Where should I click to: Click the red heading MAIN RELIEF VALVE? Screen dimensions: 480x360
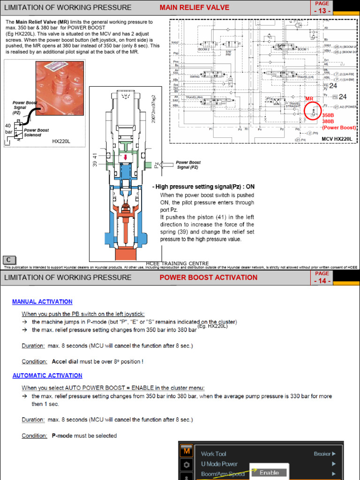195,7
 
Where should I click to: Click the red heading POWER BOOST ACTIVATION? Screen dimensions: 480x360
208,277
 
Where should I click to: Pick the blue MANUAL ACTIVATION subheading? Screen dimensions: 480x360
42,302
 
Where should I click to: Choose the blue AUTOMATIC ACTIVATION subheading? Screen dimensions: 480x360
47,375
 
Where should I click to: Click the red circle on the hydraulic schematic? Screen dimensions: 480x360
313,111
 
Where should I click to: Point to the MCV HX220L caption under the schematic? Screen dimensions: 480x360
337,139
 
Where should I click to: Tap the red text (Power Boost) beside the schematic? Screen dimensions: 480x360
339,127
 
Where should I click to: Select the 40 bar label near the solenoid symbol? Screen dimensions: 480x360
8,129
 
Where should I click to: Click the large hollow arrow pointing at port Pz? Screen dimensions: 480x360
166,165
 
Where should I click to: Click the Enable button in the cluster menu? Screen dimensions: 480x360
269,472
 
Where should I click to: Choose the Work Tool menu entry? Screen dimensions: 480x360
214,454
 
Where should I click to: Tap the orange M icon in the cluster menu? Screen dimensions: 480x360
186,451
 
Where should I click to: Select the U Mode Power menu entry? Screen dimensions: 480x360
219,464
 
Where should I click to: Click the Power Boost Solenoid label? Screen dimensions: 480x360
37,133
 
